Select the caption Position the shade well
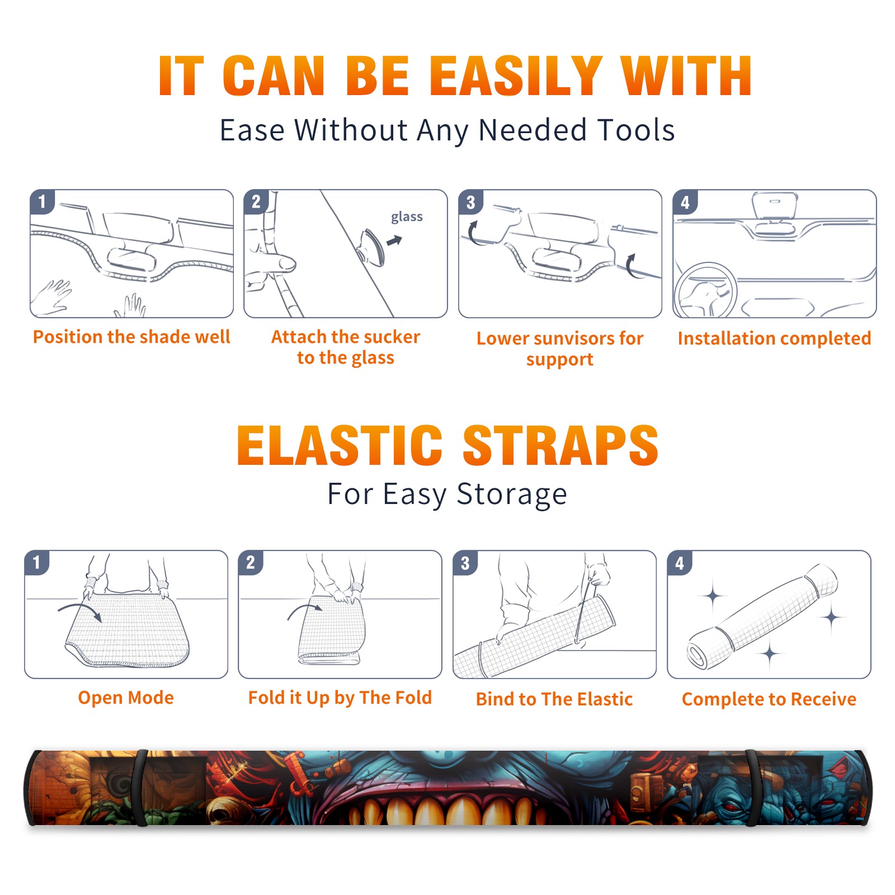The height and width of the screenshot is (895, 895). pyautogui.click(x=131, y=337)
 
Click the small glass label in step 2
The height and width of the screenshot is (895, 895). pyautogui.click(x=407, y=217)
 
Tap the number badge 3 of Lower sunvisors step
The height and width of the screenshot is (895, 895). pyautogui.click(x=470, y=202)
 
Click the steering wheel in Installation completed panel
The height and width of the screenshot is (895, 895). pyautogui.click(x=705, y=290)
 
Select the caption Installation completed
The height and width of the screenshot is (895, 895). pyautogui.click(x=774, y=338)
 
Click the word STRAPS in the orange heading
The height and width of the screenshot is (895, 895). pyautogui.click(x=560, y=445)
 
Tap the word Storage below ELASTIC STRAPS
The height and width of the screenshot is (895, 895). pyautogui.click(x=512, y=494)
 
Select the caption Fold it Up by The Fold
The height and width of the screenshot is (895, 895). pyautogui.click(x=340, y=698)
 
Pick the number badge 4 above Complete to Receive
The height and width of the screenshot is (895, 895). pyautogui.click(x=680, y=563)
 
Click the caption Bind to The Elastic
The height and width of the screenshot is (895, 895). pyautogui.click(x=554, y=699)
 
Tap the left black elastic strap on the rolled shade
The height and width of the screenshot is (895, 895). pyautogui.click(x=140, y=788)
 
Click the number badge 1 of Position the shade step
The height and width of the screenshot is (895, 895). pyautogui.click(x=42, y=201)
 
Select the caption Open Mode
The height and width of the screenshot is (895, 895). pyautogui.click(x=126, y=698)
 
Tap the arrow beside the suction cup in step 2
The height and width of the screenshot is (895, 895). pyautogui.click(x=395, y=241)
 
